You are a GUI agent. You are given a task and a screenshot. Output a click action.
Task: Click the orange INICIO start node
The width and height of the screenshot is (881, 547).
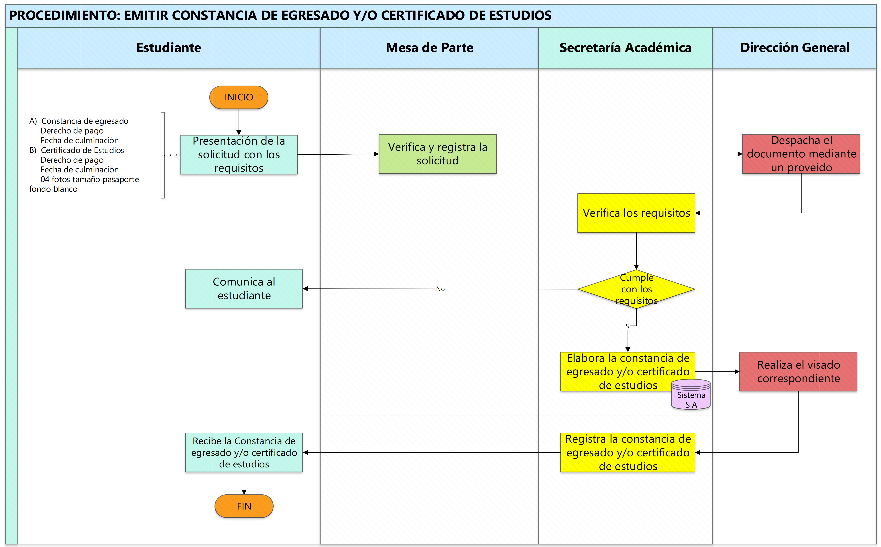tap(239, 97)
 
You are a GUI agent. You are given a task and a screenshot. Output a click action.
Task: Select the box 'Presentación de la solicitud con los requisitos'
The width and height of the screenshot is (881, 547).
tap(239, 154)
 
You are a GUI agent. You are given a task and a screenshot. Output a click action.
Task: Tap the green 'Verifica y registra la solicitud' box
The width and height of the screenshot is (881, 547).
tap(437, 154)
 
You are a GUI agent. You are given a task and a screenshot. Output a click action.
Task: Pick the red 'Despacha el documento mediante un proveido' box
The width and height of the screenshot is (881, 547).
tap(801, 154)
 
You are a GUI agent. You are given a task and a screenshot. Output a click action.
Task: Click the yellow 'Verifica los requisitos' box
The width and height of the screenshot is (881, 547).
tap(636, 213)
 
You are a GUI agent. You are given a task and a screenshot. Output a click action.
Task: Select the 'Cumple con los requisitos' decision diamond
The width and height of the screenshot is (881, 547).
tap(636, 289)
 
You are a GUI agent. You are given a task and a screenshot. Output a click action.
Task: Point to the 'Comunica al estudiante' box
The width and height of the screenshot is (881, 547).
tap(244, 289)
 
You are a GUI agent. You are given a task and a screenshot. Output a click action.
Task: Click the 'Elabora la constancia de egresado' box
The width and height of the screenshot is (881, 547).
tap(628, 372)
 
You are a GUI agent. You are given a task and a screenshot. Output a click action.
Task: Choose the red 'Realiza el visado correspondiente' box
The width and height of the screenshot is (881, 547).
tap(798, 372)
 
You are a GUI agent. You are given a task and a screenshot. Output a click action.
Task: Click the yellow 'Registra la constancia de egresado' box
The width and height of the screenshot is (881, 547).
tap(628, 453)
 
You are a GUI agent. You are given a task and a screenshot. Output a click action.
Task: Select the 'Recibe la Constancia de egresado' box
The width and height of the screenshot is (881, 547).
tap(244, 453)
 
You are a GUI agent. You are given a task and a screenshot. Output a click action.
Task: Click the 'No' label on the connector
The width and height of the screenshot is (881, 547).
tap(440, 289)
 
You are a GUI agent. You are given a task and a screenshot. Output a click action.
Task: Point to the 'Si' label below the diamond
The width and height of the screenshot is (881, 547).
tap(628, 326)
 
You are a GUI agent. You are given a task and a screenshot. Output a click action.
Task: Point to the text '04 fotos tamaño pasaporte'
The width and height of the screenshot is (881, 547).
tap(90, 179)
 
